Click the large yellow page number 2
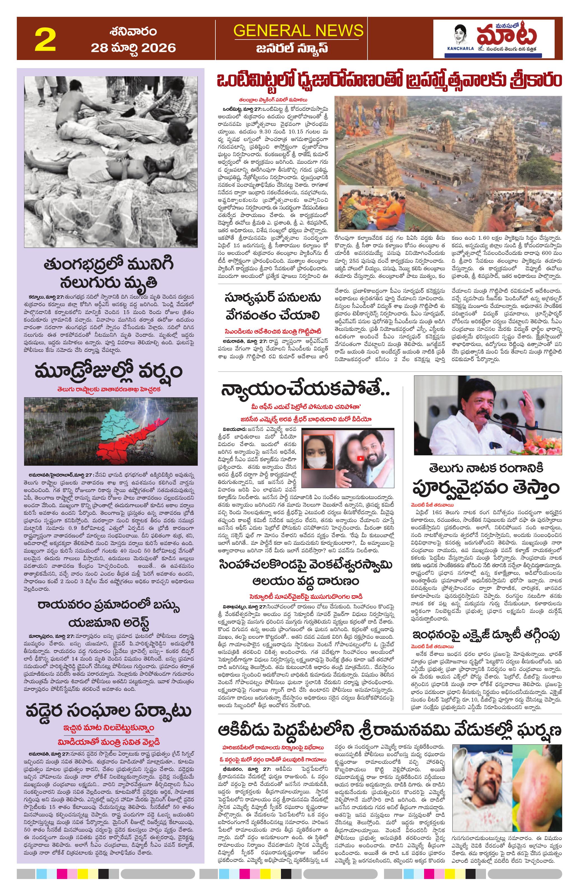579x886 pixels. [45, 40]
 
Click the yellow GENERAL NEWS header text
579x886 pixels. [298, 30]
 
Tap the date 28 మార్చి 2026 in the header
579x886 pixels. [133, 48]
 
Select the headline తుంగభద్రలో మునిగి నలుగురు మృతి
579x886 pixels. [108, 273]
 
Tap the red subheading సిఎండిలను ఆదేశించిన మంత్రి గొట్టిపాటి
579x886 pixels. [272, 332]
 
